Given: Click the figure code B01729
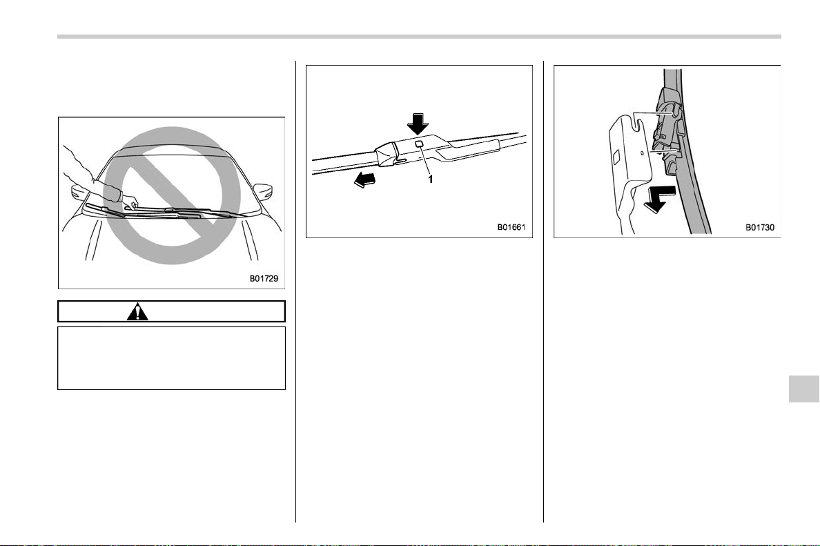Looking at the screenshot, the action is pos(264,279).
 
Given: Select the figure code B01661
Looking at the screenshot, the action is pos(511,228).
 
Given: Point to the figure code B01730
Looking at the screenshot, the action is pos(760,228).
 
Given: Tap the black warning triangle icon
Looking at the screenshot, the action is pos(137,311).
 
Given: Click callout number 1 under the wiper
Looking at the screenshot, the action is pos(431,179).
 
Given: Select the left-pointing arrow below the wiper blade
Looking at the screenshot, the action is pos(365,180).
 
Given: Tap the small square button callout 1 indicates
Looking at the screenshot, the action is pos(420,144).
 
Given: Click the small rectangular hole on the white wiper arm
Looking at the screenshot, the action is pos(616,155).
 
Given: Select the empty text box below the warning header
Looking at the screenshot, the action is pos(172,358).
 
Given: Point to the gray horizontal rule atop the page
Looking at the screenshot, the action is pos(419,37).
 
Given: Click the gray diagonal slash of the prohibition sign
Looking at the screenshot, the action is pos(172,195).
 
